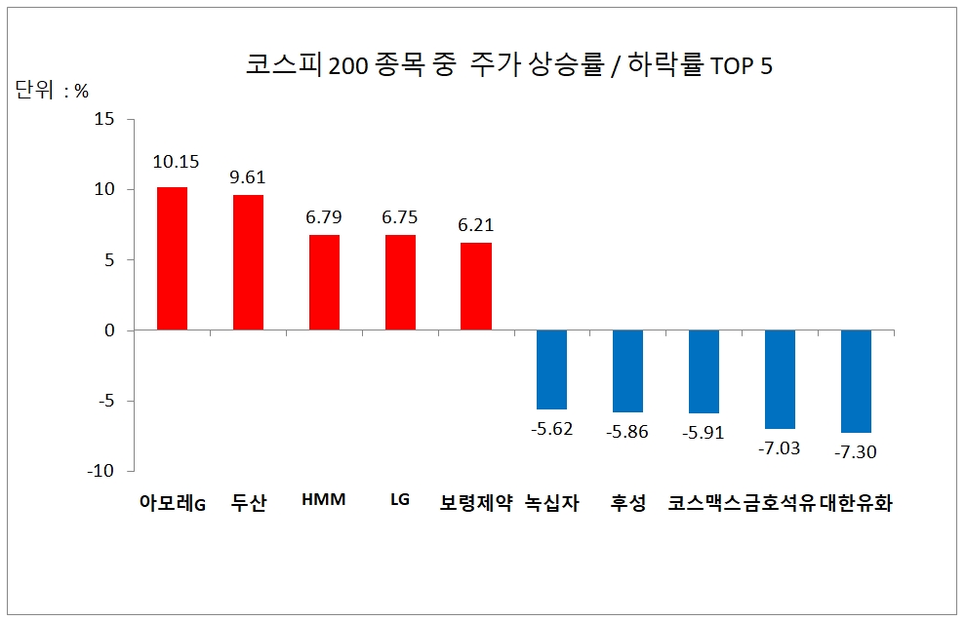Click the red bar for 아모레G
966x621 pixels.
tap(172, 258)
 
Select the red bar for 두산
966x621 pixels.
tap(248, 262)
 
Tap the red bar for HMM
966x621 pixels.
tap(324, 283)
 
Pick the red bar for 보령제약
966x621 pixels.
tap(476, 287)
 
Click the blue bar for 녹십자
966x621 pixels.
tap(552, 369)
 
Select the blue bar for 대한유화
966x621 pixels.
tap(856, 381)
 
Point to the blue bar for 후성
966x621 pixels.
tap(627, 370)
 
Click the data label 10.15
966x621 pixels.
tap(175, 162)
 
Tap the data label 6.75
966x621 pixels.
tap(400, 217)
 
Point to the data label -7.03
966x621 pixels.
tap(780, 446)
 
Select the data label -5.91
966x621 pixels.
tap(704, 432)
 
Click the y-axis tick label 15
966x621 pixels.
tap(104, 120)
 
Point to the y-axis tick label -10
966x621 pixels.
tap(101, 471)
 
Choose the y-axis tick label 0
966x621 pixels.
tap(109, 330)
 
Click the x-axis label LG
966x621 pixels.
tap(399, 500)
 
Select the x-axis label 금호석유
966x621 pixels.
tap(780, 504)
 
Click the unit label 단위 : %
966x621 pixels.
tap(53, 92)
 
